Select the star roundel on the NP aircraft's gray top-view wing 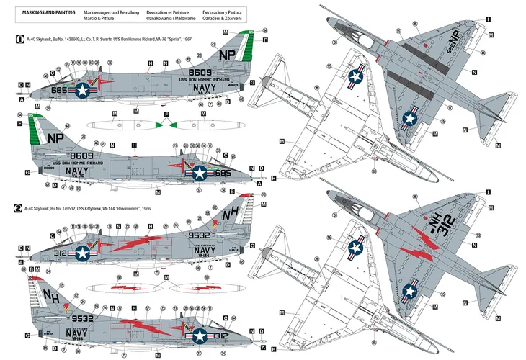pos(411,115)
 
